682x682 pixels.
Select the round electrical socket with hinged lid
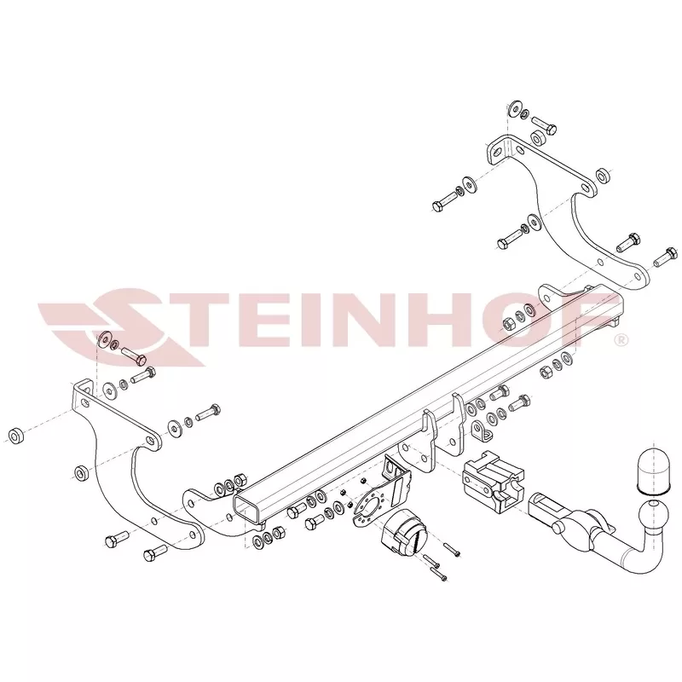pos(404,534)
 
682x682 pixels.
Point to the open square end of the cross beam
pos(247,506)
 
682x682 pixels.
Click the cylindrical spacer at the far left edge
pos(16,436)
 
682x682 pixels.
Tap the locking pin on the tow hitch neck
pos(557,528)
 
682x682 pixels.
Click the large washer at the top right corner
pos(516,109)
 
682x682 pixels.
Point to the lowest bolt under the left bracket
pos(155,552)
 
